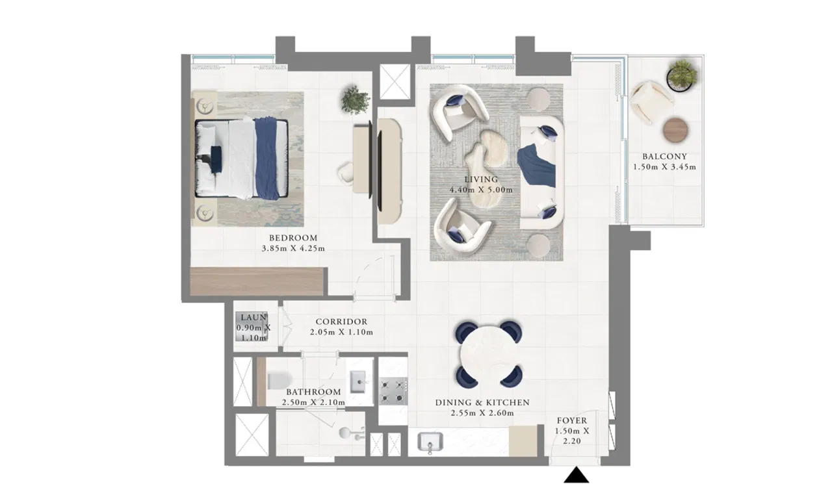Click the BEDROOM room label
(293, 238)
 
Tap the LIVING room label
(482, 179)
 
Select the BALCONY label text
(665, 157)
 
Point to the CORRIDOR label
(341, 322)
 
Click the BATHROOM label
(313, 392)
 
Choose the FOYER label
(572, 420)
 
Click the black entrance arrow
(576, 475)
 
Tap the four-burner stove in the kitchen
(393, 391)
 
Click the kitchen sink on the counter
(430, 442)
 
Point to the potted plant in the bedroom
(356, 100)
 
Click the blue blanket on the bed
(266, 159)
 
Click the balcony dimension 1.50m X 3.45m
(665, 168)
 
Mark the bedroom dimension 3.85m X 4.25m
(293, 249)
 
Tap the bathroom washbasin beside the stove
(358, 381)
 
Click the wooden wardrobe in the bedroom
(257, 281)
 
